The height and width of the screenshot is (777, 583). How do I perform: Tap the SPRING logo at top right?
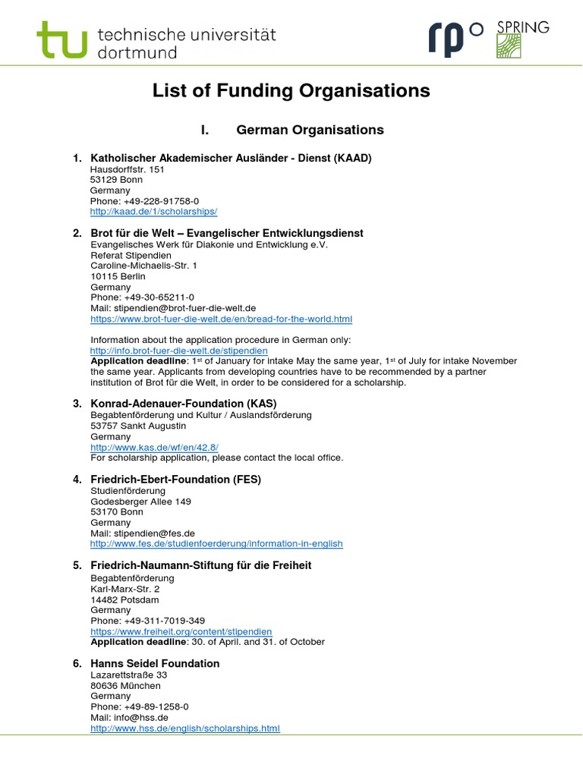(x=522, y=39)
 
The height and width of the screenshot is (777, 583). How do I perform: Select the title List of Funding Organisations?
(x=291, y=91)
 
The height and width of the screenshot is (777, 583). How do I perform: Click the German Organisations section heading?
(x=310, y=130)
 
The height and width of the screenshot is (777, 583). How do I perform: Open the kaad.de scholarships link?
(x=153, y=212)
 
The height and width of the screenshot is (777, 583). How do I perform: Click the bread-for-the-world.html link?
(x=221, y=319)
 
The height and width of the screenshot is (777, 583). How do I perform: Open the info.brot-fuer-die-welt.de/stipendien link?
(x=178, y=351)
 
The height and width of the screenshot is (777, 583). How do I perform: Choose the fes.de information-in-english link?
(x=216, y=544)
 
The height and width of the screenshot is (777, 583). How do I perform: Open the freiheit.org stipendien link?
(x=181, y=631)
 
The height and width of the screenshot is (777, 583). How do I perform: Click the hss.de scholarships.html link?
(x=185, y=728)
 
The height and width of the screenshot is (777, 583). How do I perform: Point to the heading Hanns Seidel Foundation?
(x=155, y=663)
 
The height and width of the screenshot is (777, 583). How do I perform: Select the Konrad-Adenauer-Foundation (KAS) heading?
(x=184, y=403)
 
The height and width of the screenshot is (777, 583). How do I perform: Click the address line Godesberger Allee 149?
(x=140, y=502)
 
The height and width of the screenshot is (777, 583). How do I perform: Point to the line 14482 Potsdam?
(x=124, y=599)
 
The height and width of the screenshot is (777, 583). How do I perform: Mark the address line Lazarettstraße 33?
(x=128, y=675)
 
